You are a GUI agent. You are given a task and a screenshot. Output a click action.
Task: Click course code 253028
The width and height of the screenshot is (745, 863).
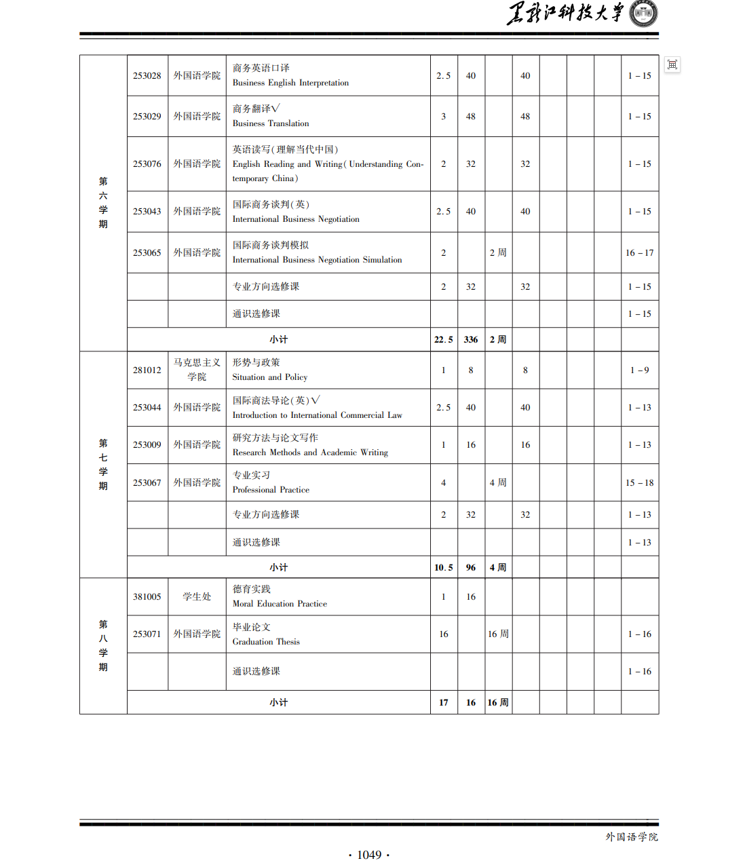tap(147, 76)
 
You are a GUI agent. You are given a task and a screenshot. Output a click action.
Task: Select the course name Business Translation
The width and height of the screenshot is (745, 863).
tap(270, 123)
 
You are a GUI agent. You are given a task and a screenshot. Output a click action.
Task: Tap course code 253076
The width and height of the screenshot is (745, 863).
tap(147, 164)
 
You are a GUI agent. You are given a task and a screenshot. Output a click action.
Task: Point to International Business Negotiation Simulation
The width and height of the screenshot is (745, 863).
tap(317, 260)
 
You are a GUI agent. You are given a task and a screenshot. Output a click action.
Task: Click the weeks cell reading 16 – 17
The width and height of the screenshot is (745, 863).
tap(639, 253)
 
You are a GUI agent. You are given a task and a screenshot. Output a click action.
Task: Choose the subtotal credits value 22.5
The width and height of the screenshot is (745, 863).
tap(444, 340)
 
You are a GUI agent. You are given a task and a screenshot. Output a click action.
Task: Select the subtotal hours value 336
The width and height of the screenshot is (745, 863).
tap(471, 340)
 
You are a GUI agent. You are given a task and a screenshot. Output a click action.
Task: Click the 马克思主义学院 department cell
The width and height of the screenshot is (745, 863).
tap(197, 370)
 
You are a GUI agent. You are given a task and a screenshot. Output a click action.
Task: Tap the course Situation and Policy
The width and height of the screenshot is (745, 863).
tap(269, 377)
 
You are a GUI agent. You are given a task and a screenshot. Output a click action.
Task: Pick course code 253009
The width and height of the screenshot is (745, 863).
tap(147, 445)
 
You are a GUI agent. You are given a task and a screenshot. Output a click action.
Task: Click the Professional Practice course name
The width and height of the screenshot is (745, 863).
tap(271, 490)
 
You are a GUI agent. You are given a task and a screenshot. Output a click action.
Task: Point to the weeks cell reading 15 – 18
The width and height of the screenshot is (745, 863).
tap(639, 483)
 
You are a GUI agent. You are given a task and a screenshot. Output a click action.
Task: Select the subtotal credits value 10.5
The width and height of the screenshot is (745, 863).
tap(444, 568)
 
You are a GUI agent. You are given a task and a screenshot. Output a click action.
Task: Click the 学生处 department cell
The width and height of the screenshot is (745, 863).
tap(197, 597)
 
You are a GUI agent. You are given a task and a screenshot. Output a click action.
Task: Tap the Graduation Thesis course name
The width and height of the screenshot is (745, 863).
tap(266, 642)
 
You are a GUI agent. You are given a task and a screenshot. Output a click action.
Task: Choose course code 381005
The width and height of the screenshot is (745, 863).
tap(147, 597)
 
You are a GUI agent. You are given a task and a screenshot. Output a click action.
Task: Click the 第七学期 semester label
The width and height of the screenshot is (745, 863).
tap(103, 464)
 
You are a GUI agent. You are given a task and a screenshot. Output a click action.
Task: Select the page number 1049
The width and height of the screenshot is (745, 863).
tap(369, 855)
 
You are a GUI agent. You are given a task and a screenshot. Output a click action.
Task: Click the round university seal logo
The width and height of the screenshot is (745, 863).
tap(643, 14)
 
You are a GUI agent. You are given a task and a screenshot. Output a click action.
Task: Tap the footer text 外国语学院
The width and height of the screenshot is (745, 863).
tap(632, 837)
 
